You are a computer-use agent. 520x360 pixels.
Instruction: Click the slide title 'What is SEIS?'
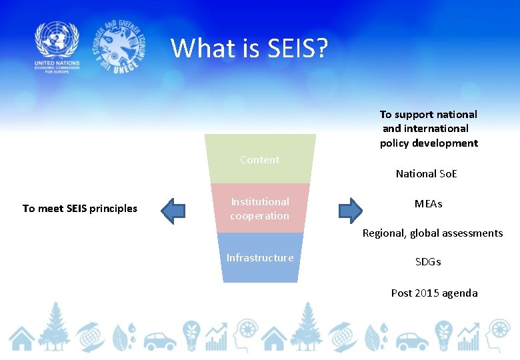point(249,48)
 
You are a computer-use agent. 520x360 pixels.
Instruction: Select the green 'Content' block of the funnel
point(260,159)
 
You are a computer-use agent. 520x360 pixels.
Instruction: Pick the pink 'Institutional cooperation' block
point(260,209)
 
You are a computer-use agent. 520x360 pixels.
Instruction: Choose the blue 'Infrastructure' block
point(260,258)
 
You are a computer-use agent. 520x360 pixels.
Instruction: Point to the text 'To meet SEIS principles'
point(80,209)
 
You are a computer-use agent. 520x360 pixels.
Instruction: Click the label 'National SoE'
point(427,174)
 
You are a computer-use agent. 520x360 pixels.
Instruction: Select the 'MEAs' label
point(428,204)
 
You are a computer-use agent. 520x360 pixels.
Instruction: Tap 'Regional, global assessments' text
point(433,233)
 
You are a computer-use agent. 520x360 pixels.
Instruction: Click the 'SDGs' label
point(428,262)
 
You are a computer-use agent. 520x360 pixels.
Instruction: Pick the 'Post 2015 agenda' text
point(434,293)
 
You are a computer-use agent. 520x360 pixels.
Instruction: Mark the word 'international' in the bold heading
point(436,129)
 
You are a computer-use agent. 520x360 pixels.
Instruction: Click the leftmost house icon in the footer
point(22,339)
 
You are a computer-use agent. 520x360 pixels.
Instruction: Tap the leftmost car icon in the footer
point(160,341)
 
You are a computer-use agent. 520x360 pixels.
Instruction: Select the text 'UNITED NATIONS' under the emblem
point(57,64)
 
